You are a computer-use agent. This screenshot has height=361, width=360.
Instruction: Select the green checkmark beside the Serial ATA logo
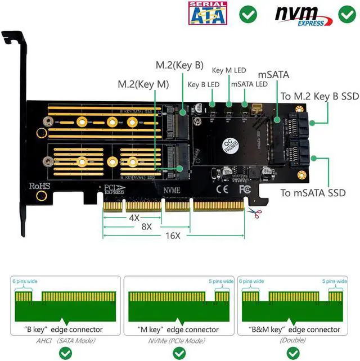[x=247, y=14]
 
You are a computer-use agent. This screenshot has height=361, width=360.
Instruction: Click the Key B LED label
[x=203, y=85]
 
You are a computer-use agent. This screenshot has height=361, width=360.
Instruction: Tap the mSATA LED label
[x=249, y=84]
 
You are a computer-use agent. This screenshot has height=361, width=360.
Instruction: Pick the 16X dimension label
[x=173, y=236]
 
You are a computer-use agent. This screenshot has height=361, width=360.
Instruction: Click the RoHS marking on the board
[x=40, y=186]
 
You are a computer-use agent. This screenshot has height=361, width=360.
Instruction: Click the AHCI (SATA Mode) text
[x=67, y=340]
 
